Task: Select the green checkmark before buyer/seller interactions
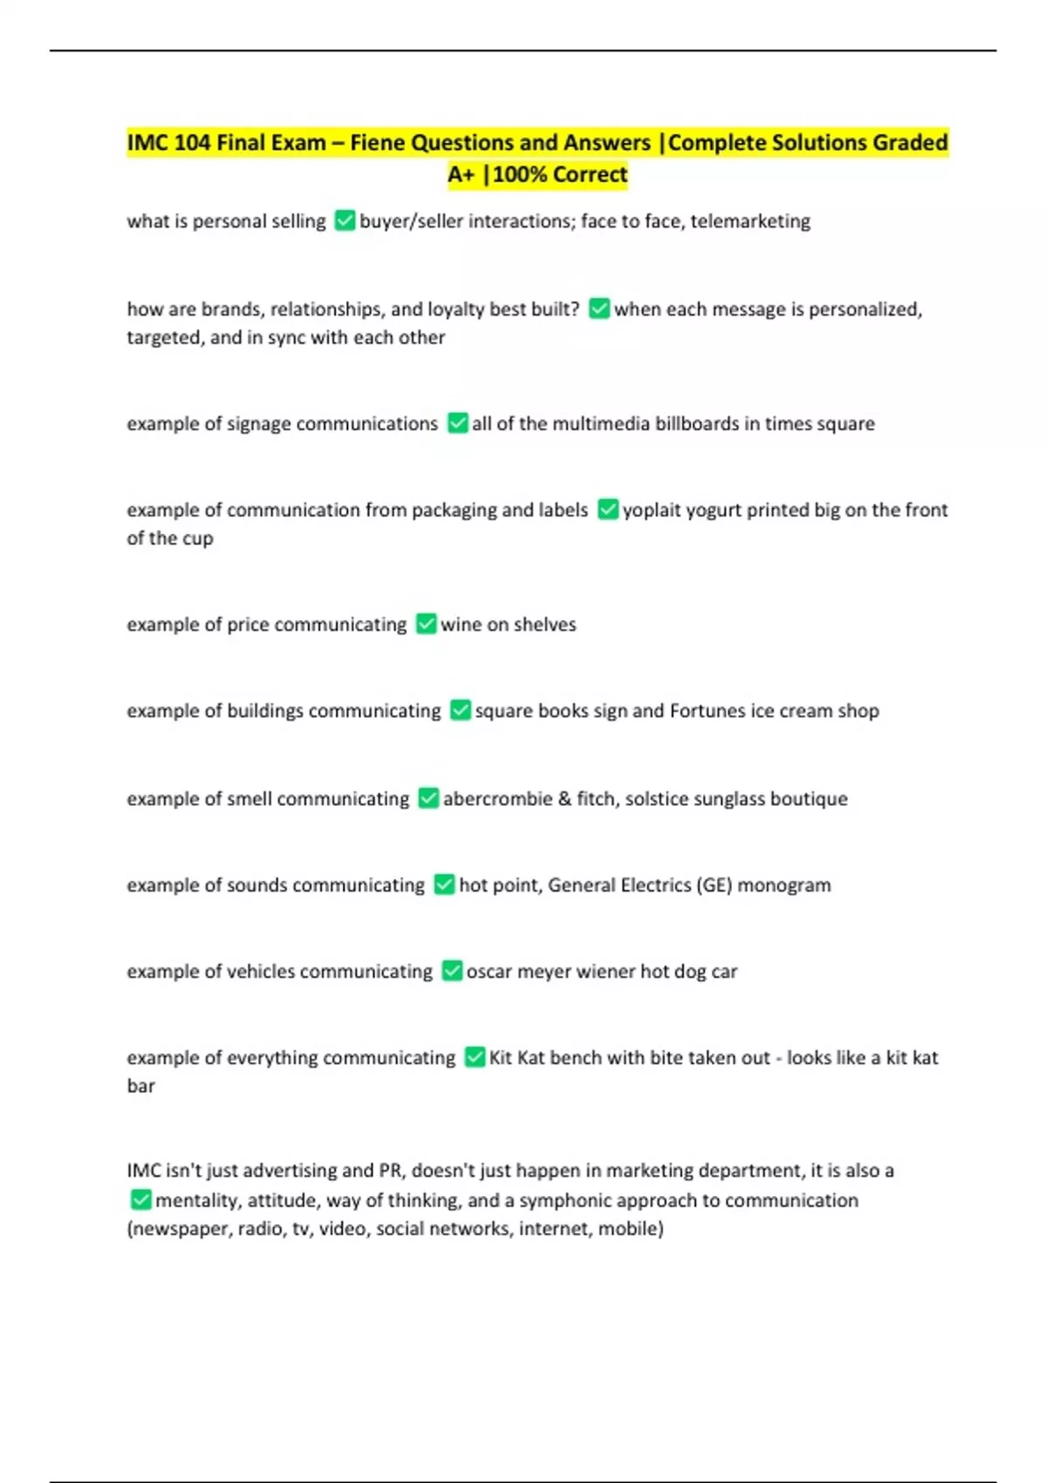pos(345,221)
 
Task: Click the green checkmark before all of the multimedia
pos(457,423)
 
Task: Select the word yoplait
pos(651,509)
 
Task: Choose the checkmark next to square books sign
pos(460,710)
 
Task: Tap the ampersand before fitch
pos(565,798)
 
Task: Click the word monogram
pos(784,885)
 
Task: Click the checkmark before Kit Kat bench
pos(475,1057)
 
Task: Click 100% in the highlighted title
pos(520,174)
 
